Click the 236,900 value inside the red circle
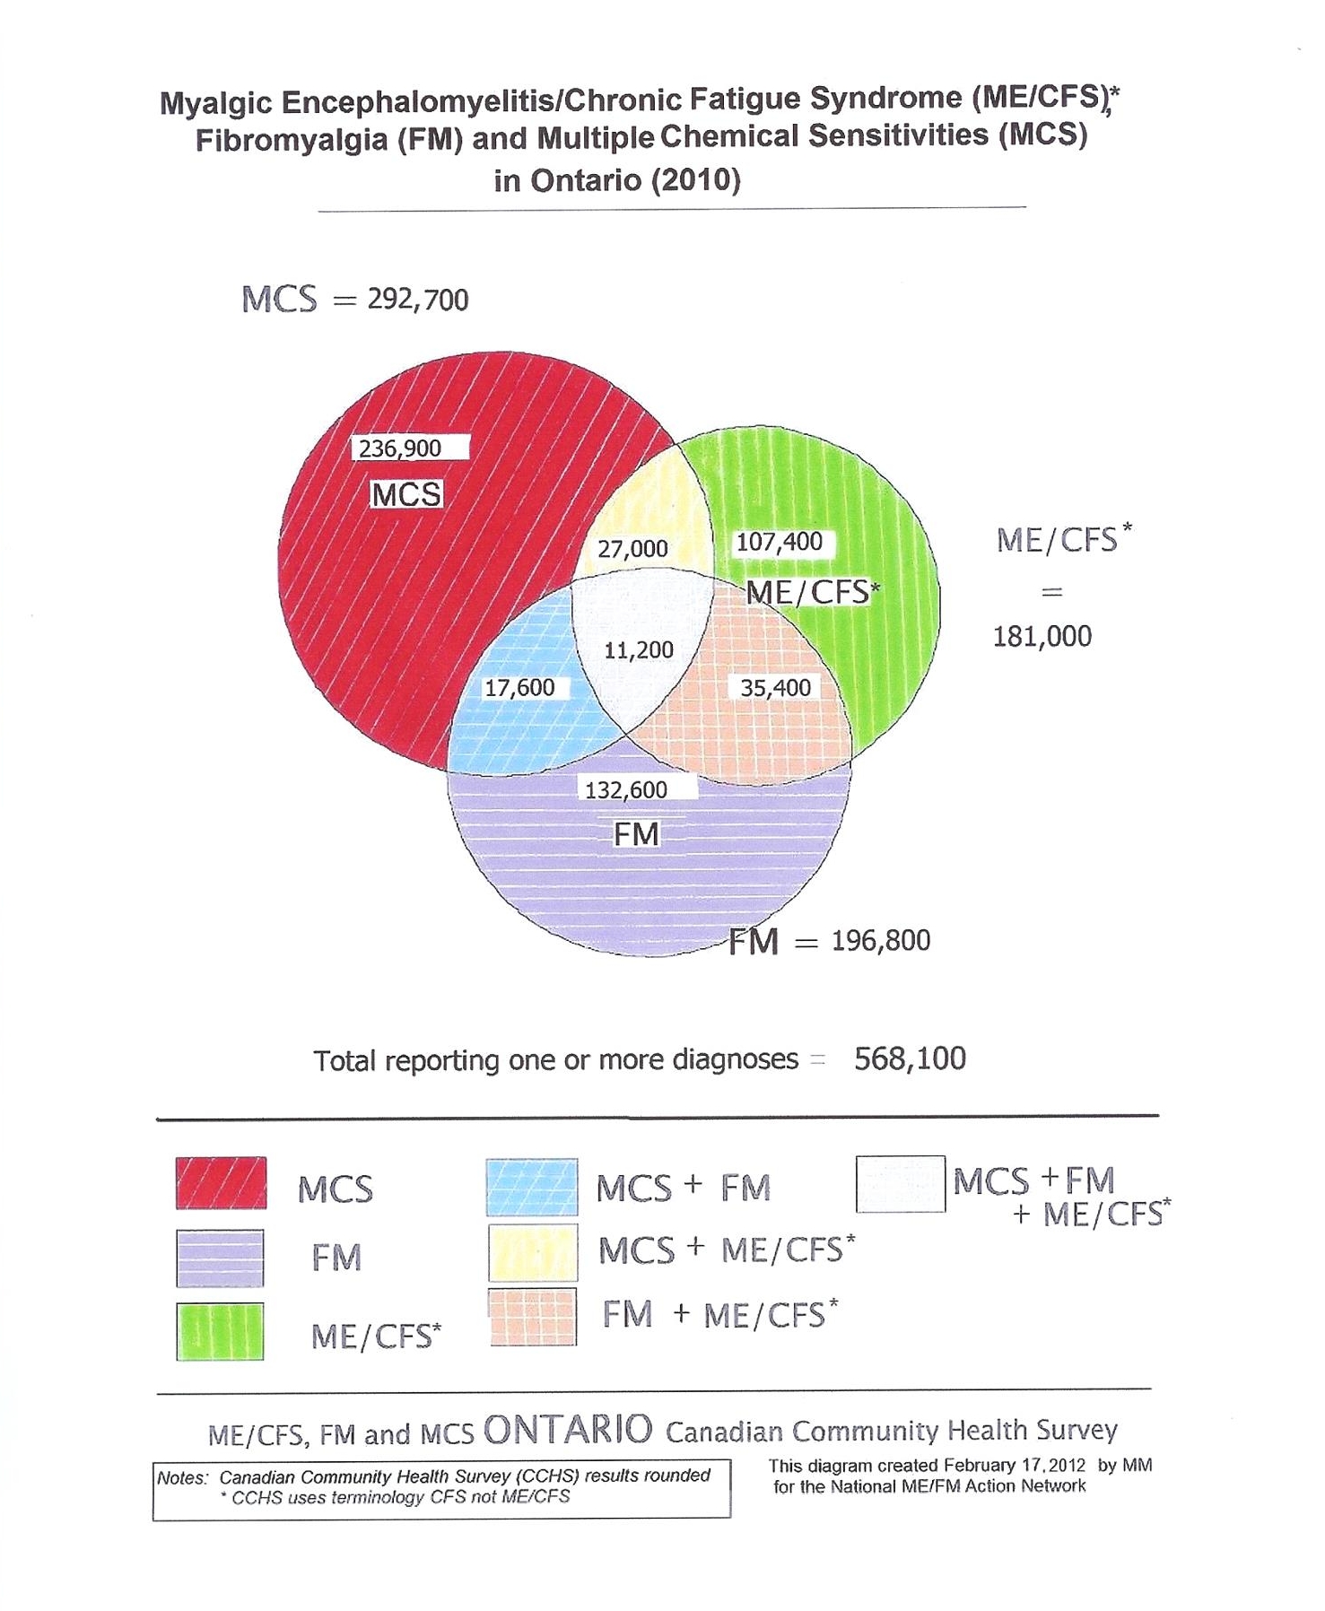click(400, 448)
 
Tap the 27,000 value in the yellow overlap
click(632, 549)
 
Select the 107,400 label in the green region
click(779, 542)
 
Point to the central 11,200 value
click(638, 649)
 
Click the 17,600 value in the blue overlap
click(519, 688)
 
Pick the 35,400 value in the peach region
click(775, 688)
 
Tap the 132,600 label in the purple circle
click(626, 789)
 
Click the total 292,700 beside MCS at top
click(417, 300)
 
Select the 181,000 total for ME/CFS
click(1042, 637)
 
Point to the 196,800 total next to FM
click(880, 941)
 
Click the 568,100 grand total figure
click(910, 1058)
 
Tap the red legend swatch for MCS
click(221, 1184)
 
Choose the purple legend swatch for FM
click(220, 1258)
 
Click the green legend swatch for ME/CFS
click(220, 1331)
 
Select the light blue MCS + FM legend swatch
click(531, 1188)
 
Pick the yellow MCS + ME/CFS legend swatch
click(532, 1252)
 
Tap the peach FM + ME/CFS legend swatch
click(532, 1317)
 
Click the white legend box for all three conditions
click(900, 1184)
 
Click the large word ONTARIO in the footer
click(568, 1430)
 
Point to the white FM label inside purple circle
click(636, 835)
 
